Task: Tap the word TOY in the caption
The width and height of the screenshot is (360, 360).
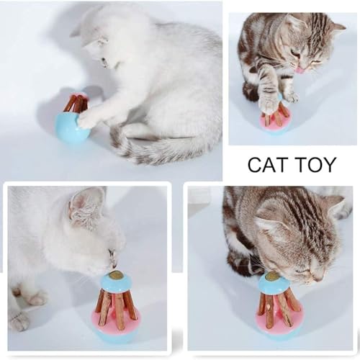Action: coord(315,165)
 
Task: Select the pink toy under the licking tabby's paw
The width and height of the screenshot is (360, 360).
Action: coord(275,121)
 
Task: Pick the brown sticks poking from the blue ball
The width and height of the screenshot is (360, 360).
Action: coord(76,104)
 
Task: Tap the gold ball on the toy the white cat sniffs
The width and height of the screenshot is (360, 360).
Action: coord(115,276)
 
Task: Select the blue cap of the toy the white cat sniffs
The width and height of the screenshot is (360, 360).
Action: coord(115,283)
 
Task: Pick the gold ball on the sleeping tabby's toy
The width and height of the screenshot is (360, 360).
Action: coord(272,275)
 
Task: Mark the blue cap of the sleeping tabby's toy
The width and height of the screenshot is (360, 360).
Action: coord(273,284)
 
